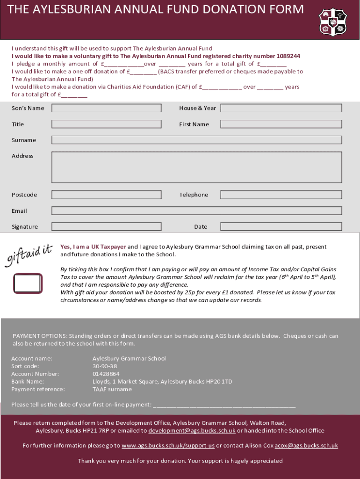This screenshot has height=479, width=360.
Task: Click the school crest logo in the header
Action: coord(332,22)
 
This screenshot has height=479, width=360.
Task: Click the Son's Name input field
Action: coord(106,108)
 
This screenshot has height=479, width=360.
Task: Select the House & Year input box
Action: coord(281,108)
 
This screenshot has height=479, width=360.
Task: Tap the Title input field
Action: coord(106,124)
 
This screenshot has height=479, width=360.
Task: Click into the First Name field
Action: coord(281,124)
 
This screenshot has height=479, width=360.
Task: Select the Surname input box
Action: coord(196,140)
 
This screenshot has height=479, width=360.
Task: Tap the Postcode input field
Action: coord(106,195)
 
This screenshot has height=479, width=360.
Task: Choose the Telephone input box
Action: coord(281,195)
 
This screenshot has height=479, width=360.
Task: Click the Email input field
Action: coord(196,210)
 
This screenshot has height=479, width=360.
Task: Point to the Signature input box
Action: coord(106,227)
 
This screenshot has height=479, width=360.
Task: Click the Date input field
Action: coord(281,227)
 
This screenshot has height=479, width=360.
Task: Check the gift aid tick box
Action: coord(28,283)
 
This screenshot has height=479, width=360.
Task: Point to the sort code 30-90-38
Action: coord(105,366)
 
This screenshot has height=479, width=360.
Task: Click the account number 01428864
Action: coord(106,374)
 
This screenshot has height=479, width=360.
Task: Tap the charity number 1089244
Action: coord(288,56)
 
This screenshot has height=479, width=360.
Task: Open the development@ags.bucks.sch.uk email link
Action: coord(192,430)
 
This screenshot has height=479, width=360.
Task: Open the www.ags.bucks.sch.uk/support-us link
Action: coord(168,445)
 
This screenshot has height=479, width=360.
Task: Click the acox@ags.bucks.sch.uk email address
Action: coord(306,445)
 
